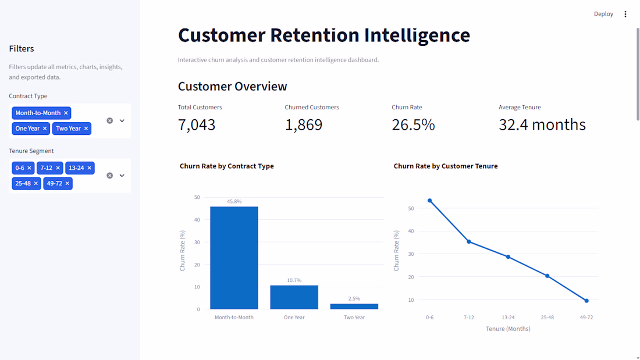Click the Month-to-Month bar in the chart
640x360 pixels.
234,258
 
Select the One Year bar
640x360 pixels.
294,297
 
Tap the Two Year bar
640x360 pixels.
354,306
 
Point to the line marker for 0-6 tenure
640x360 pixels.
430,201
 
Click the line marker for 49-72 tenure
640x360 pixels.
586,301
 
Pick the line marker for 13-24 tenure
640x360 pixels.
508,256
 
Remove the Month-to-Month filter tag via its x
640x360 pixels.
66,113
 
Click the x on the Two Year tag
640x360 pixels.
86,129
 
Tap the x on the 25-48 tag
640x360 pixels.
36,184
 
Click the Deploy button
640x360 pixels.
603,14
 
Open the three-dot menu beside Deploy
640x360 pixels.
625,15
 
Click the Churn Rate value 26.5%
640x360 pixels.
413,124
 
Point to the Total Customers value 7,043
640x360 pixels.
196,124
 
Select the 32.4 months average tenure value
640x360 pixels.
542,124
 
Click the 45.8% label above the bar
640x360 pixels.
234,202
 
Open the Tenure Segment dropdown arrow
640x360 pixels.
122,176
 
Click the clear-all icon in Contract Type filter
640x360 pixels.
110,121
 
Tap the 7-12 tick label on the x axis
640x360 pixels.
468,317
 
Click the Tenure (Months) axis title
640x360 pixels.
508,329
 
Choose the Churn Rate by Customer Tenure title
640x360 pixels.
446,166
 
